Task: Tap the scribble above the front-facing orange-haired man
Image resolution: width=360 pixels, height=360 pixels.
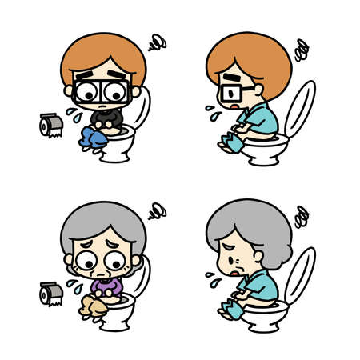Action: tap(156, 40)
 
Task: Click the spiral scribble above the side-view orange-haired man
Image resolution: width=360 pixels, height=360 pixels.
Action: tap(302, 50)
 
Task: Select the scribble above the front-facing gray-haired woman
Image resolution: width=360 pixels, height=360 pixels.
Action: tap(156, 210)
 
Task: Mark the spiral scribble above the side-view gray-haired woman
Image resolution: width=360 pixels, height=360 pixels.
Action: tap(302, 215)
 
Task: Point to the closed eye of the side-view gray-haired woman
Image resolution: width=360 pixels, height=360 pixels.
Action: tap(232, 252)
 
